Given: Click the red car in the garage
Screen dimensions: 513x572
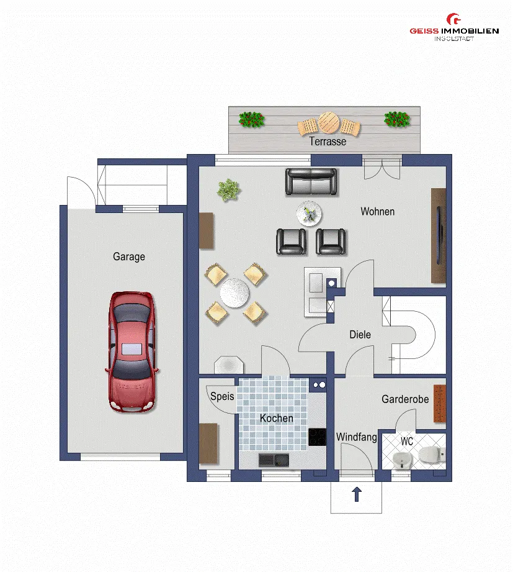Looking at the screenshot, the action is (132, 352).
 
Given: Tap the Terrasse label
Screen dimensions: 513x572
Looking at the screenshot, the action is (328, 141).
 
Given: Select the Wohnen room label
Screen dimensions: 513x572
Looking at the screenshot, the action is (378, 212).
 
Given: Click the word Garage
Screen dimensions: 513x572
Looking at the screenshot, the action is (129, 256).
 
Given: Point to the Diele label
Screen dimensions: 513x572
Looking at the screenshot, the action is (360, 335).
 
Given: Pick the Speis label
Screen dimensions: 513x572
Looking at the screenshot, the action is (222, 396).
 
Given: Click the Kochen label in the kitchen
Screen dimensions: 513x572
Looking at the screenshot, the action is (277, 418).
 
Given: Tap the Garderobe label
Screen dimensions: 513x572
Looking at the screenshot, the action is (405, 399).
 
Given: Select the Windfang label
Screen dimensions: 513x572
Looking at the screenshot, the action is (356, 437).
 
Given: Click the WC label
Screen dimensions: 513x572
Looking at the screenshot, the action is (407, 442).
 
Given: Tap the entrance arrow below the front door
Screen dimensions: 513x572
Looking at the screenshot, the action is (357, 494).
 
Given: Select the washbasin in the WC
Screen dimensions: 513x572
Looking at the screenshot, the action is (403, 460).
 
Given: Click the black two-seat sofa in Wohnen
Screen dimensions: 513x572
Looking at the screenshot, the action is (311, 181).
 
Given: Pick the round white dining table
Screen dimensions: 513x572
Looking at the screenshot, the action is (234, 293).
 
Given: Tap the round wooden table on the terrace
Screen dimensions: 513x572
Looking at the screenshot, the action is (329, 122).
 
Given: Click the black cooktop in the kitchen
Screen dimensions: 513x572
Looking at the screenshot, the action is (318, 437).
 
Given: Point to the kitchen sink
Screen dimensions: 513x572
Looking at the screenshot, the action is (274, 460).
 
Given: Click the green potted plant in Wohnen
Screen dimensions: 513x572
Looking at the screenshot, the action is (228, 189).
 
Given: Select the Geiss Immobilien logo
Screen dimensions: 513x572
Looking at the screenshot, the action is (454, 28).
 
